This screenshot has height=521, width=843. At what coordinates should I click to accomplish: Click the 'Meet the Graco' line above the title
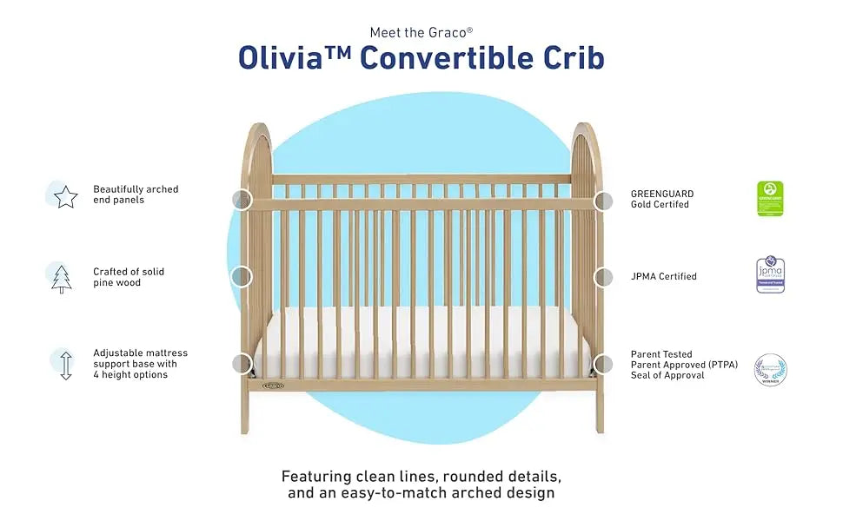[421, 32]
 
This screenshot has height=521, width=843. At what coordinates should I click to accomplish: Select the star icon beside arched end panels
[65, 197]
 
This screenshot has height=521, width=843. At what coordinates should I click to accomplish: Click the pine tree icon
[62, 278]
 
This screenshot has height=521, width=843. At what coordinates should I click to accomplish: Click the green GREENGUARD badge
[770, 198]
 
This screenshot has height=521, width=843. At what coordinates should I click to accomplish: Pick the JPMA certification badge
[770, 276]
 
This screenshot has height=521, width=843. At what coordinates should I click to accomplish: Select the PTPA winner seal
[770, 368]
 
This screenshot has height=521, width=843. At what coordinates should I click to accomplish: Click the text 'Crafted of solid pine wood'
[129, 277]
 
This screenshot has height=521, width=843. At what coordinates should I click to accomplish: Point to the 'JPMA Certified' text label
[664, 277]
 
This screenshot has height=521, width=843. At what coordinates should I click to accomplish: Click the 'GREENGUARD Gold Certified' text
[662, 199]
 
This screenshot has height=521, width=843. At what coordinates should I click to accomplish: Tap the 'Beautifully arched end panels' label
[136, 195]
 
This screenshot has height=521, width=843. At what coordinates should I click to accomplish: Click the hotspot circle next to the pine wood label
[241, 277]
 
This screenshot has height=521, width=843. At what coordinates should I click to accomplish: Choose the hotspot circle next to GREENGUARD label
[603, 201]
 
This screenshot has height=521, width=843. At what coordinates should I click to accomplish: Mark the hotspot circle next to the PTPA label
[603, 364]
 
